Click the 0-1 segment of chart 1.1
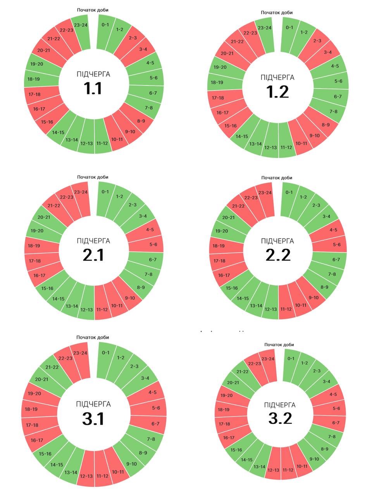(x=105, y=26)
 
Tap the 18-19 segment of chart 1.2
(x=217, y=82)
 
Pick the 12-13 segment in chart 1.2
(x=270, y=147)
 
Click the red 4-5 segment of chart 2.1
(x=150, y=230)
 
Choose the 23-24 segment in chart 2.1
(x=81, y=192)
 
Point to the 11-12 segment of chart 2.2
(x=286, y=309)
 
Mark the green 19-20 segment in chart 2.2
(x=221, y=231)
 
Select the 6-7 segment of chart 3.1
(x=155, y=424)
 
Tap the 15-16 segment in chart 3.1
(x=45, y=454)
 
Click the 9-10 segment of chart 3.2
(x=314, y=459)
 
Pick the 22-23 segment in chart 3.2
(x=254, y=364)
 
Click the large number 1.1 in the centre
(x=93, y=89)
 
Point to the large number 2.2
(x=278, y=255)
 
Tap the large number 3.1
(x=93, y=419)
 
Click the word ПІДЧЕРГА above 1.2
(x=277, y=78)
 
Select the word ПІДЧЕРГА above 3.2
(x=280, y=405)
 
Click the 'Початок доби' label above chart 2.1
(x=93, y=177)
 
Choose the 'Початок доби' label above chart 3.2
(x=279, y=345)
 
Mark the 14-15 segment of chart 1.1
(x=58, y=133)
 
